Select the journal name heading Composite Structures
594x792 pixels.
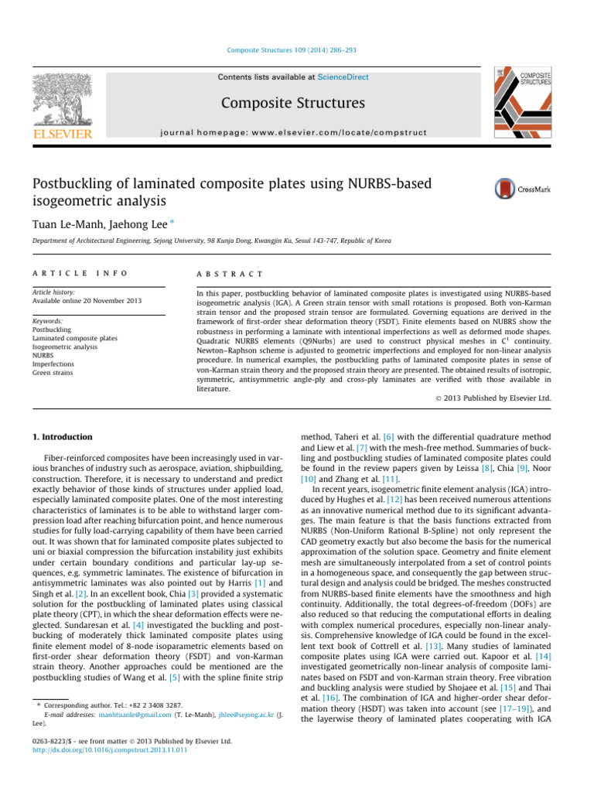click(293, 104)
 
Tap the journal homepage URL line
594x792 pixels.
click(293, 132)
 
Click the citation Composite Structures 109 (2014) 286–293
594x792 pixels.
click(296, 51)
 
